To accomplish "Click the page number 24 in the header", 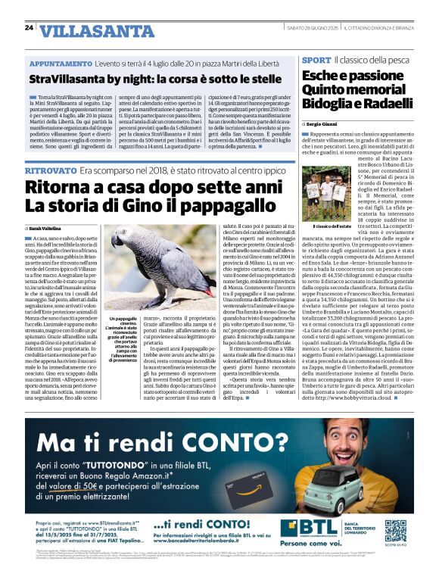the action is [29, 28].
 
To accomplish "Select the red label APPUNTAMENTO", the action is [61, 66].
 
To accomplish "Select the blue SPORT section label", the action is [316, 60].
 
